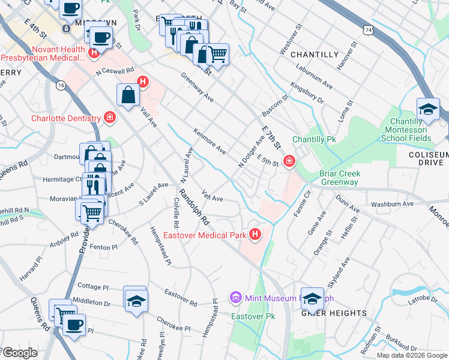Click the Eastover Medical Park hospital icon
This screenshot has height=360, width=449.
pyautogui.click(x=255, y=233)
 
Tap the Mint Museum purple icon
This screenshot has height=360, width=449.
pyautogui.click(x=235, y=298)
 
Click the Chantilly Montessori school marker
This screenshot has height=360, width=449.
pyautogui.click(x=427, y=110)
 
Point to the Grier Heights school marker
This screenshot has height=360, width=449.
pyautogui.click(x=313, y=299)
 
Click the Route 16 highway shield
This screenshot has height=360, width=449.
pyautogui.click(x=61, y=85)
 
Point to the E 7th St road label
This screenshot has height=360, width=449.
pyautogui.click(x=272, y=137)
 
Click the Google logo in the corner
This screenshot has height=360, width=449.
pyautogui.click(x=19, y=353)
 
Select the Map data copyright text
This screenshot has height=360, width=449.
pyautogui.click(x=412, y=355)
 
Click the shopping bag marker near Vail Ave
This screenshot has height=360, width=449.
pyautogui.click(x=128, y=95)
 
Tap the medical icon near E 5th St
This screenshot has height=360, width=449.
pyautogui.click(x=289, y=161)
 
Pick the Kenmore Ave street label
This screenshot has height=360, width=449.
pyautogui.click(x=209, y=140)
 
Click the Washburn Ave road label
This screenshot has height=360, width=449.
pyautogui.click(x=393, y=204)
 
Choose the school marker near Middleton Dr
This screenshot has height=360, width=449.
pyautogui.click(x=136, y=299)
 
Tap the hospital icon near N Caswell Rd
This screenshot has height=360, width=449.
pyautogui.click(x=143, y=82)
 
